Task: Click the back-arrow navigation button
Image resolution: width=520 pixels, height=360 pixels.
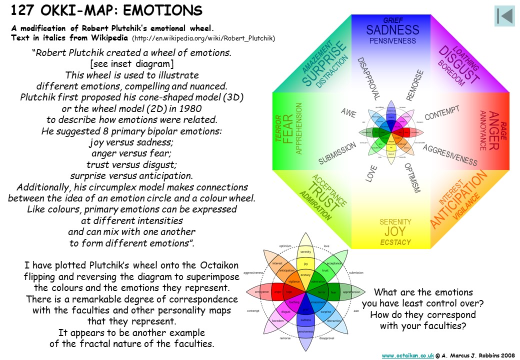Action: coord(504,16)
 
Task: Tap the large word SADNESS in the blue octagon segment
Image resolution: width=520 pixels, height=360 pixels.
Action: coord(392,30)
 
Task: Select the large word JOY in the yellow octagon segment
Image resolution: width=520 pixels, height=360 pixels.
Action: coord(395,232)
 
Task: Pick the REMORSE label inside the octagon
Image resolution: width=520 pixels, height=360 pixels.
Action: coord(415,85)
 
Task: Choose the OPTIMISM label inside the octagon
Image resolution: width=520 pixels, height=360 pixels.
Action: coord(412,178)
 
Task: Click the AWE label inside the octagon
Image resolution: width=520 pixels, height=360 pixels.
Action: coord(348,113)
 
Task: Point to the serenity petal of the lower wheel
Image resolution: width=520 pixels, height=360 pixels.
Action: coord(305,251)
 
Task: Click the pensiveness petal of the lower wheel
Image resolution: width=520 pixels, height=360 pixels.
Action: coord(305,331)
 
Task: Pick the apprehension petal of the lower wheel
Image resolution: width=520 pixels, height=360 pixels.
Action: coord(351,292)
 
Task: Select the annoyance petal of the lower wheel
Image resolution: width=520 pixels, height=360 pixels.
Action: coord(261,291)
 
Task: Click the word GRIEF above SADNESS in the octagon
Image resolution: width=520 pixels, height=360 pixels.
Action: coord(393,20)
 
